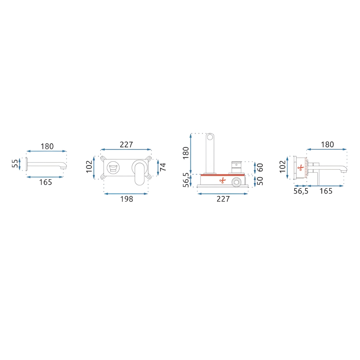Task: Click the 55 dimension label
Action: coord(15,164)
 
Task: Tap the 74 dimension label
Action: coord(163,167)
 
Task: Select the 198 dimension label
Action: coord(126,199)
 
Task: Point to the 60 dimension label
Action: coord(260,167)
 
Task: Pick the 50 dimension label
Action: coord(260,181)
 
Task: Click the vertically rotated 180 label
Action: coord(185,153)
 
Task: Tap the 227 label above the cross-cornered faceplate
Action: coord(126,145)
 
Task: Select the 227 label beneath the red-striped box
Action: coord(223,199)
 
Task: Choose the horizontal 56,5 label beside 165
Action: coord(301,191)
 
